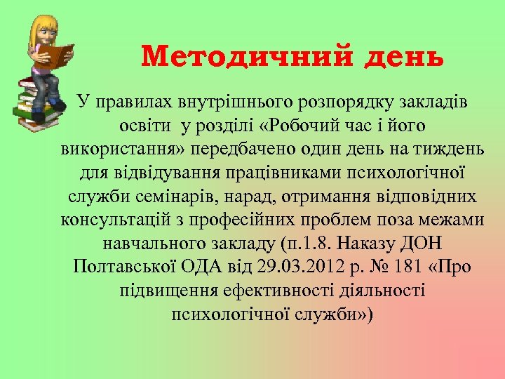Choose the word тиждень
tap(445, 149)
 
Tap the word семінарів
tap(180, 197)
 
